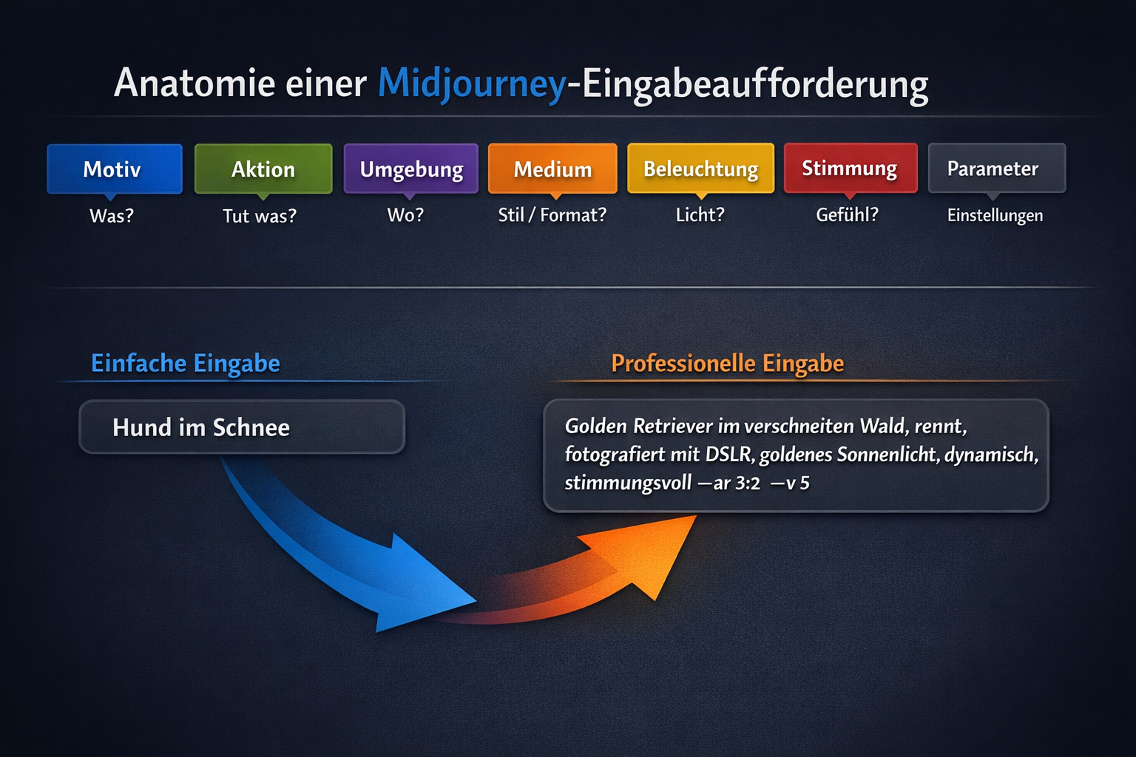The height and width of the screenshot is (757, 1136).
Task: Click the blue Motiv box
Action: pyautogui.click(x=115, y=169)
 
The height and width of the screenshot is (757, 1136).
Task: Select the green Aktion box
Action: pyautogui.click(x=263, y=169)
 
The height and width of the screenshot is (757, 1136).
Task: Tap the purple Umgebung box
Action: pyautogui.click(x=410, y=169)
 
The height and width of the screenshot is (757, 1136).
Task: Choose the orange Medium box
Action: pyautogui.click(x=552, y=169)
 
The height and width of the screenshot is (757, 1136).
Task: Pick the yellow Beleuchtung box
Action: pyautogui.click(x=701, y=169)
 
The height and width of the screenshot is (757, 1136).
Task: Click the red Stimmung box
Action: pyautogui.click(x=851, y=168)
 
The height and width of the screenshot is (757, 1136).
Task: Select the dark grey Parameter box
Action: pyautogui.click(x=996, y=168)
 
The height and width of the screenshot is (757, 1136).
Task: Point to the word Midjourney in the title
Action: pyautogui.click(x=472, y=84)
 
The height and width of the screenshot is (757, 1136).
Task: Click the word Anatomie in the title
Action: pyautogui.click(x=195, y=82)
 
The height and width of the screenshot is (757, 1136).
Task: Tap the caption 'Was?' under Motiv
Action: pyautogui.click(x=112, y=216)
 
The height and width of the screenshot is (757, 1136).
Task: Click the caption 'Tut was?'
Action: pyautogui.click(x=260, y=216)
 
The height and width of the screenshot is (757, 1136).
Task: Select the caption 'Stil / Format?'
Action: pyautogui.click(x=552, y=215)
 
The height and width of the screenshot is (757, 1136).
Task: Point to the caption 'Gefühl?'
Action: pyautogui.click(x=847, y=215)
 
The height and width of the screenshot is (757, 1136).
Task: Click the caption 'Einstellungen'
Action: pyautogui.click(x=995, y=215)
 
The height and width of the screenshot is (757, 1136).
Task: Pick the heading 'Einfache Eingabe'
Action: pyautogui.click(x=186, y=364)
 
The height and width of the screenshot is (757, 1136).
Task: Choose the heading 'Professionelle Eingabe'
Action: pyautogui.click(x=728, y=364)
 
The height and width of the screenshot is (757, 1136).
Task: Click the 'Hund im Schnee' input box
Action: pyautogui.click(x=242, y=427)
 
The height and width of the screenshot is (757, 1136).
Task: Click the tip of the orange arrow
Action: pyautogui.click(x=696, y=516)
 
